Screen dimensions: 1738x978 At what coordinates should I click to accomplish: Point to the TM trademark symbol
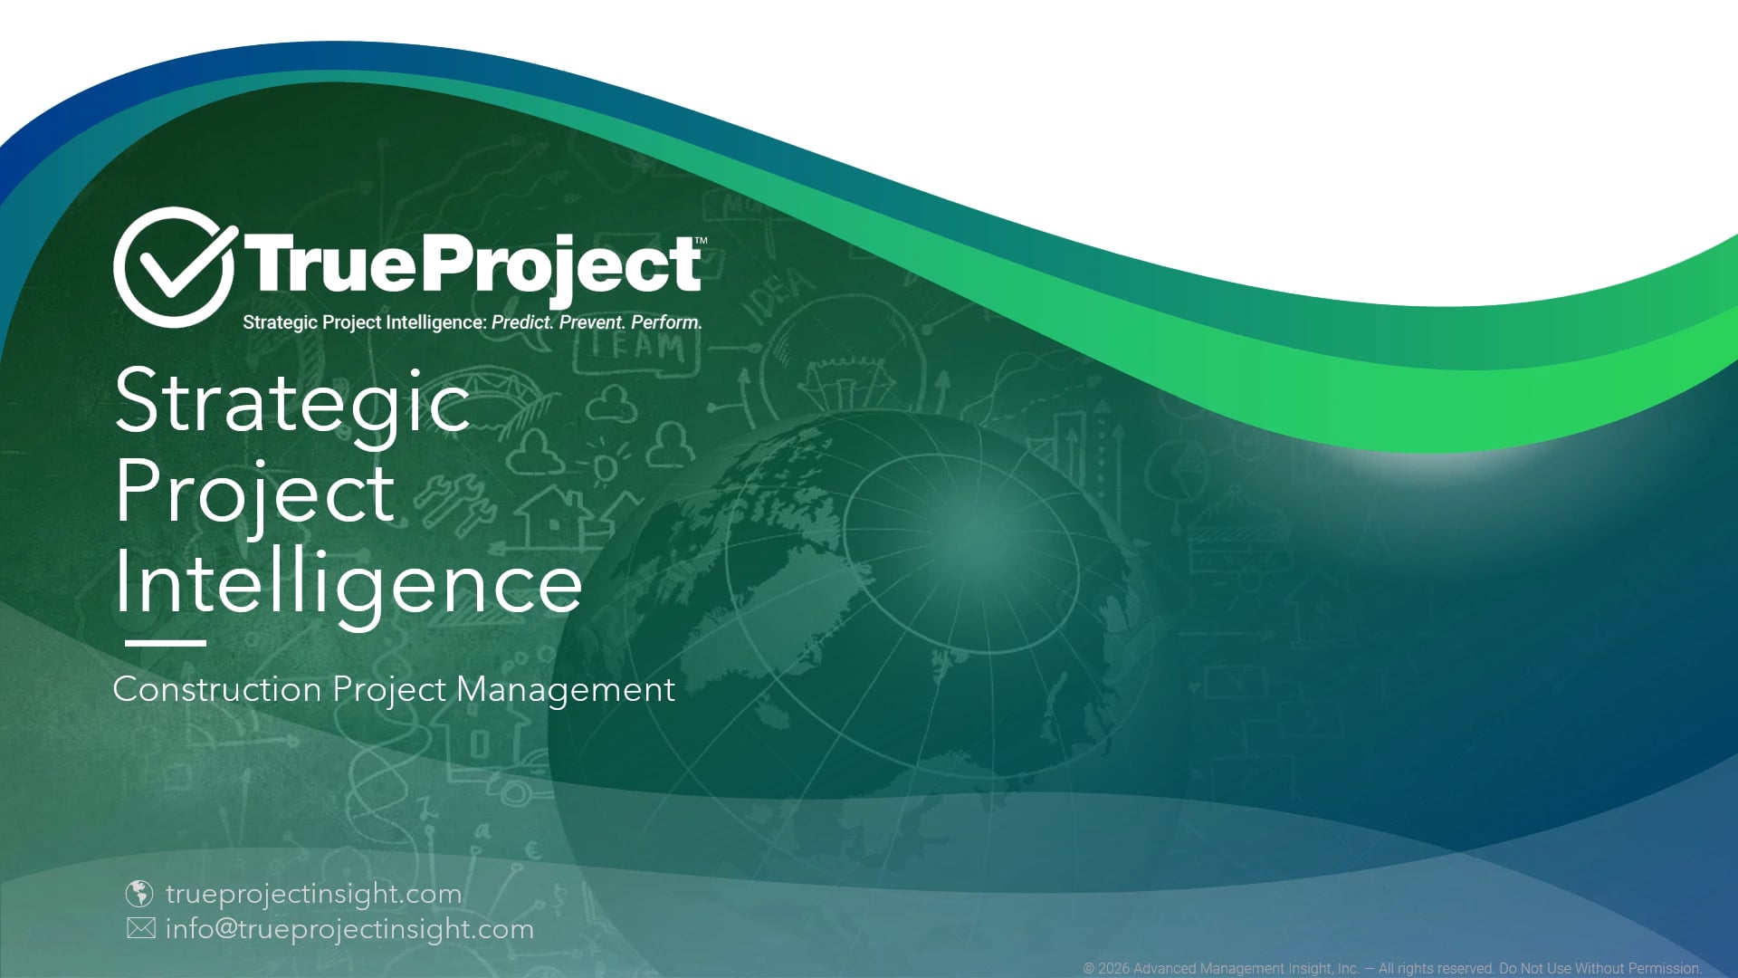coord(701,240)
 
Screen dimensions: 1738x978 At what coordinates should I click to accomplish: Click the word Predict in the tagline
coord(521,322)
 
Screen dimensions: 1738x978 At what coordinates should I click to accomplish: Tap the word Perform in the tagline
coord(666,322)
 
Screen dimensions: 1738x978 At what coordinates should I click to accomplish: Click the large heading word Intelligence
coord(349,584)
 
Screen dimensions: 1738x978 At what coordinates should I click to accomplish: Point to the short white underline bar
coord(166,643)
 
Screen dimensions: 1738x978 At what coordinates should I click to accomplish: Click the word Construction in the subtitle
coord(217,690)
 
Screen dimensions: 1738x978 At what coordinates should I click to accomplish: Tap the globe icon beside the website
coord(138,894)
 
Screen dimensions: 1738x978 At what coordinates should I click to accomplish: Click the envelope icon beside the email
coord(140,929)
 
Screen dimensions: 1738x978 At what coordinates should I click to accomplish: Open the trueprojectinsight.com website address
coord(314,895)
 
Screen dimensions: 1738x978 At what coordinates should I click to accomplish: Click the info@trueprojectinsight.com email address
coord(349,930)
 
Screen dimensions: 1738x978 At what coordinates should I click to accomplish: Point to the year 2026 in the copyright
coord(1113,968)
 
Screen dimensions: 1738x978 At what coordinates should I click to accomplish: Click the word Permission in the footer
coord(1666,968)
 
